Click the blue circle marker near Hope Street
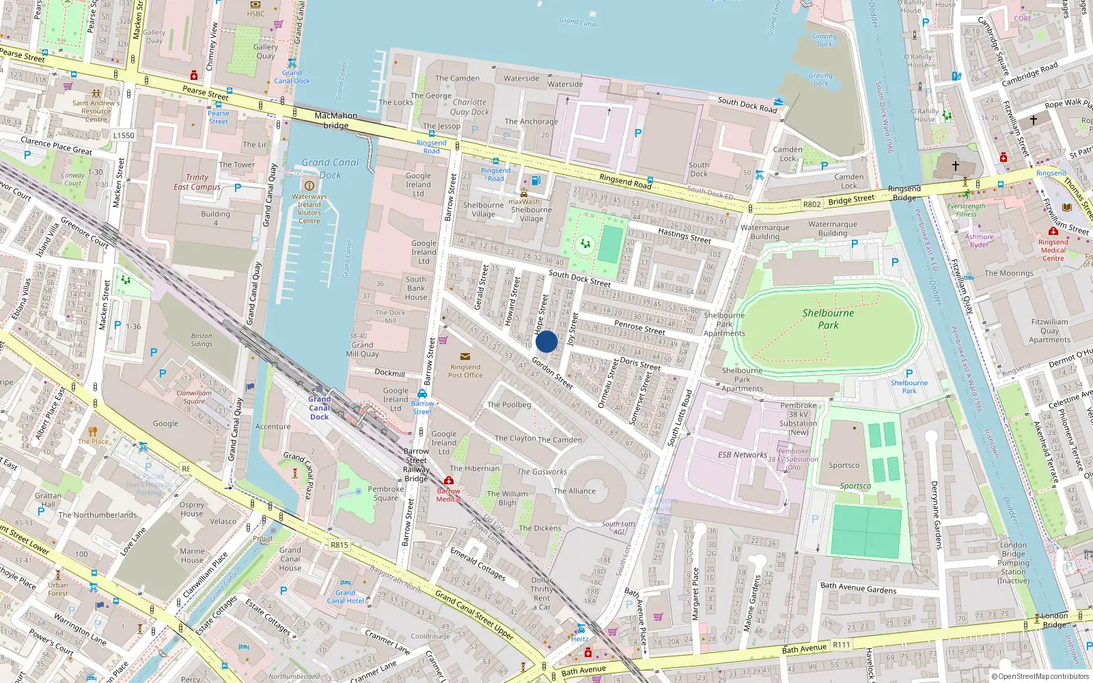tap(546, 341)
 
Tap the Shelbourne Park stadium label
tap(828, 318)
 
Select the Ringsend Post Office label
tap(465, 371)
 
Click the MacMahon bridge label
tap(335, 120)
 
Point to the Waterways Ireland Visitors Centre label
tap(309, 208)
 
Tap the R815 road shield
tap(340, 545)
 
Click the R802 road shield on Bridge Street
tap(812, 204)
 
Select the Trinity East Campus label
tap(197, 182)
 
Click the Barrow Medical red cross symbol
tap(449, 481)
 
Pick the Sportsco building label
tap(844, 465)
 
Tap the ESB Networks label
tap(742, 455)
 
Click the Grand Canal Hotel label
tap(345, 597)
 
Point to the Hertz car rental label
tap(580, 639)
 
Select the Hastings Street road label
tap(684, 236)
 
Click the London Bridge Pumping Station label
tap(1013, 563)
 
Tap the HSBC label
tap(255, 14)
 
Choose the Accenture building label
tap(273, 427)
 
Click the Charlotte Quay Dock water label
tap(470, 107)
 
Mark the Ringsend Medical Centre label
tap(1053, 250)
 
